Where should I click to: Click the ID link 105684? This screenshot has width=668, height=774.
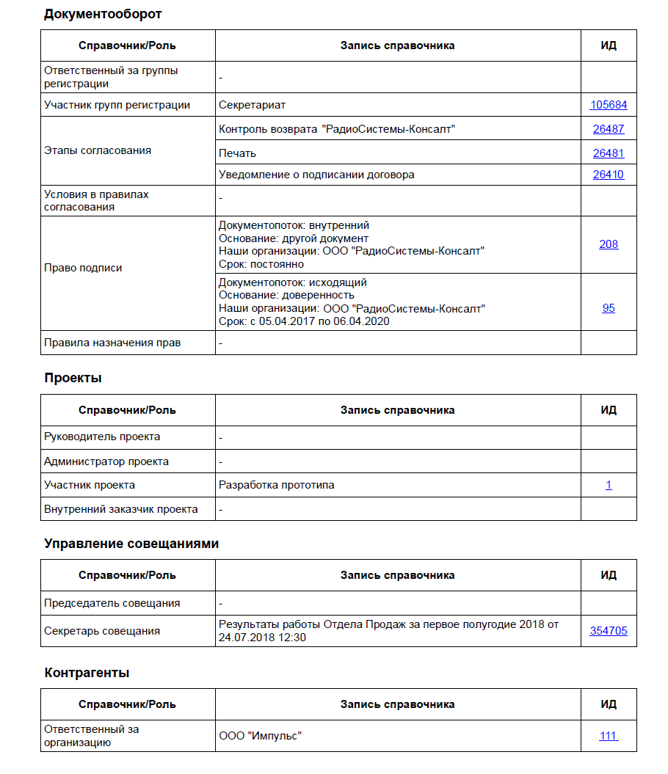coord(609,105)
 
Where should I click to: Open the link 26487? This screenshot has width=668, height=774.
coord(609,129)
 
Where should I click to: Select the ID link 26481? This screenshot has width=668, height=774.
coord(609,153)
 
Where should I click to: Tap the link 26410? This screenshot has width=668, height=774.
coord(609,175)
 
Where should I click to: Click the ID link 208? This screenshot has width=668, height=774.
coord(609,244)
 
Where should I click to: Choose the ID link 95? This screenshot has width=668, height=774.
coord(609,308)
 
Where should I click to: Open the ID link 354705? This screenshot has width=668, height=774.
coord(609,631)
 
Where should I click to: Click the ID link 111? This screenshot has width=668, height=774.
coord(609,735)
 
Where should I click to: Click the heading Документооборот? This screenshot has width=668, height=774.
coord(103,14)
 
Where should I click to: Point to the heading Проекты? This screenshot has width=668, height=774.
coord(73,378)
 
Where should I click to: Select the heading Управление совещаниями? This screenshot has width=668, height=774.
coord(131,544)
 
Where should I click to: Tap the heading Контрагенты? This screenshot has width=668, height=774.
coord(87,673)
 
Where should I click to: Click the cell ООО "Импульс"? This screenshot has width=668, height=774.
coord(261,735)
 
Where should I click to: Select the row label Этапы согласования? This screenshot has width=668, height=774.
coord(98,150)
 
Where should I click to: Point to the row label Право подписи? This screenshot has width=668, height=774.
coord(83,268)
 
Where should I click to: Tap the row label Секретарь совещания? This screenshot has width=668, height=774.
coord(102,631)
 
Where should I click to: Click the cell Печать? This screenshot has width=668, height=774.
coord(237,153)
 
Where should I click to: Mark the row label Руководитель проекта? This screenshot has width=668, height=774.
coord(102,437)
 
